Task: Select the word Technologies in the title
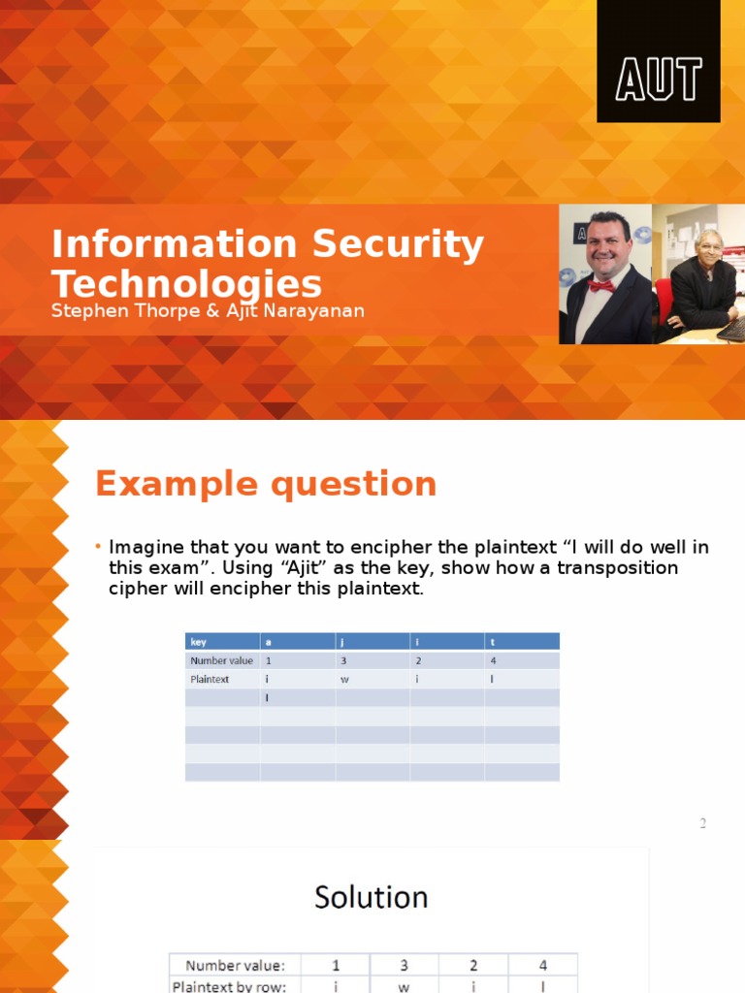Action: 186,284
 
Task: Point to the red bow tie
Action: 601,286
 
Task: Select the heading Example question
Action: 265,483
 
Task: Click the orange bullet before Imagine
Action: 98,548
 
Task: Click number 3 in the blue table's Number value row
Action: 343,660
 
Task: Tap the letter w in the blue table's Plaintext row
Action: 344,679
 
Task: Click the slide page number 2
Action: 702,824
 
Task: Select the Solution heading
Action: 371,897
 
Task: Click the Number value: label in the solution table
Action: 235,965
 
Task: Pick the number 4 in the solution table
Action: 542,965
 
